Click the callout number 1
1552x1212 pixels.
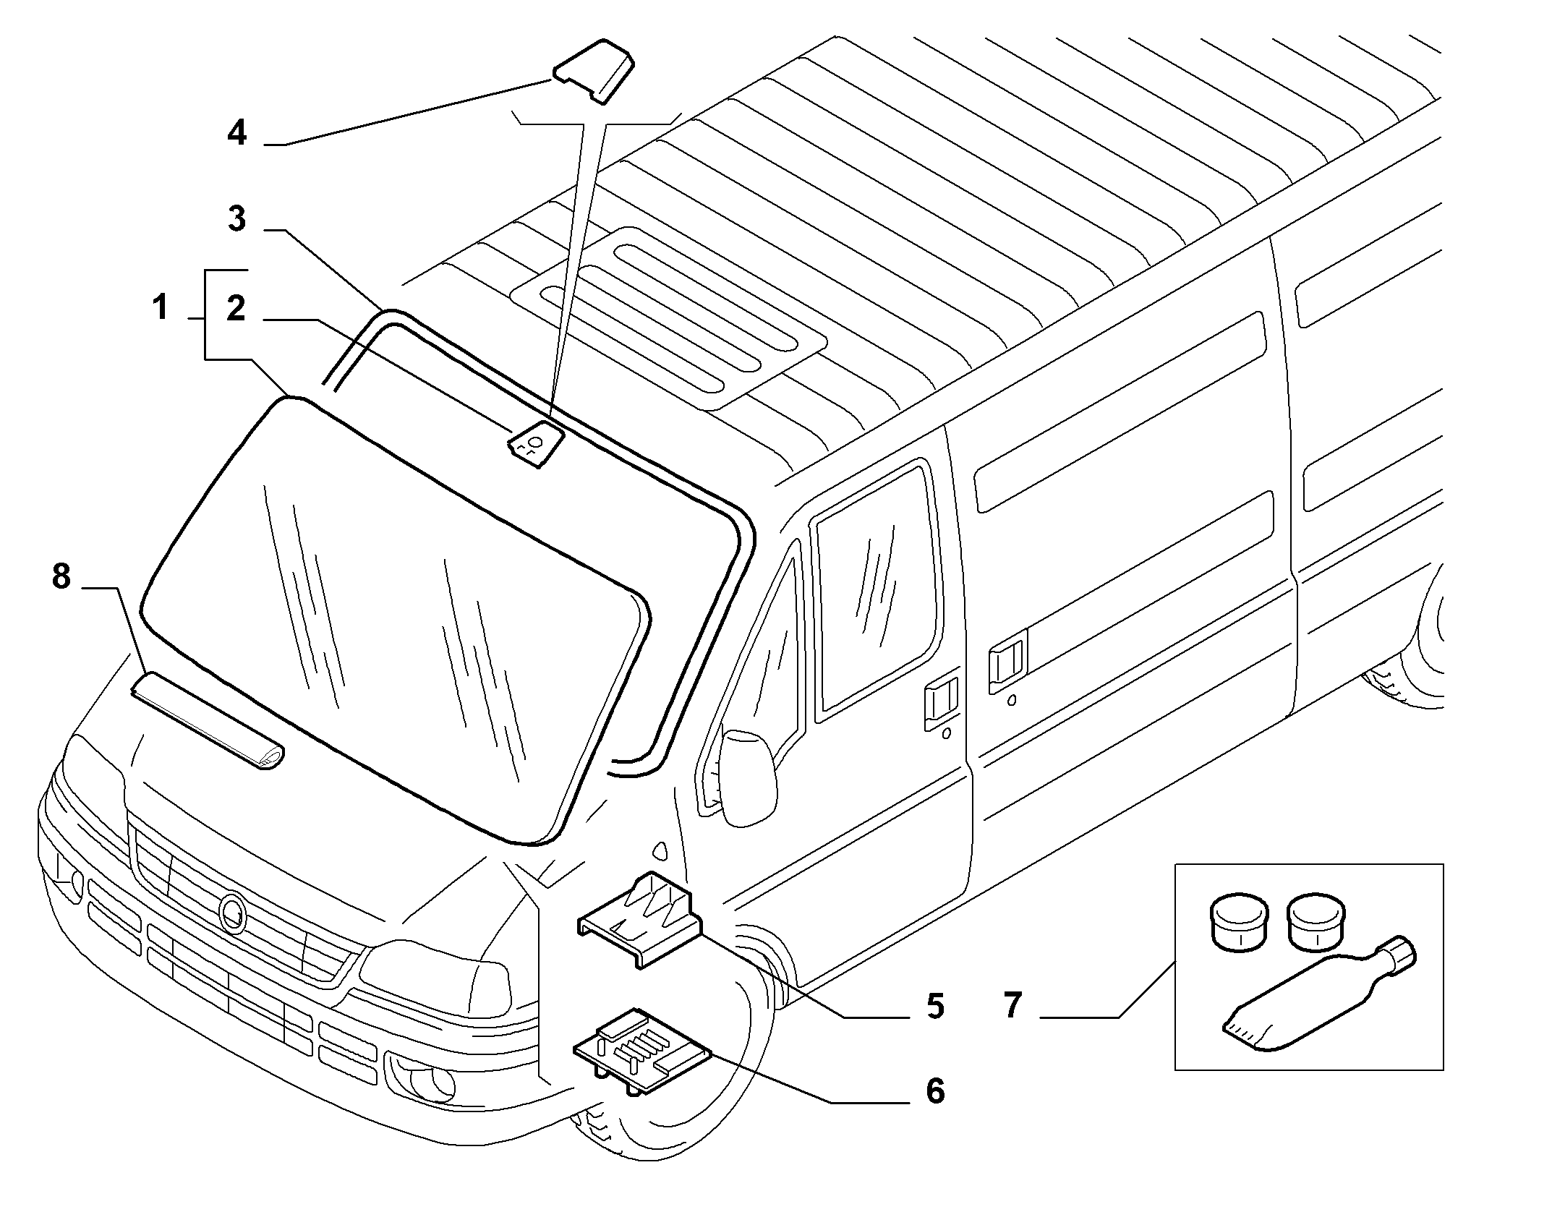[161, 308]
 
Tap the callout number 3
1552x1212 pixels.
[236, 218]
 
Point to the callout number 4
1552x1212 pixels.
[236, 133]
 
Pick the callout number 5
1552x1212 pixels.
[935, 1006]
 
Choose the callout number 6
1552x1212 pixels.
[935, 1091]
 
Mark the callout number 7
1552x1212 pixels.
[1012, 1006]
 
